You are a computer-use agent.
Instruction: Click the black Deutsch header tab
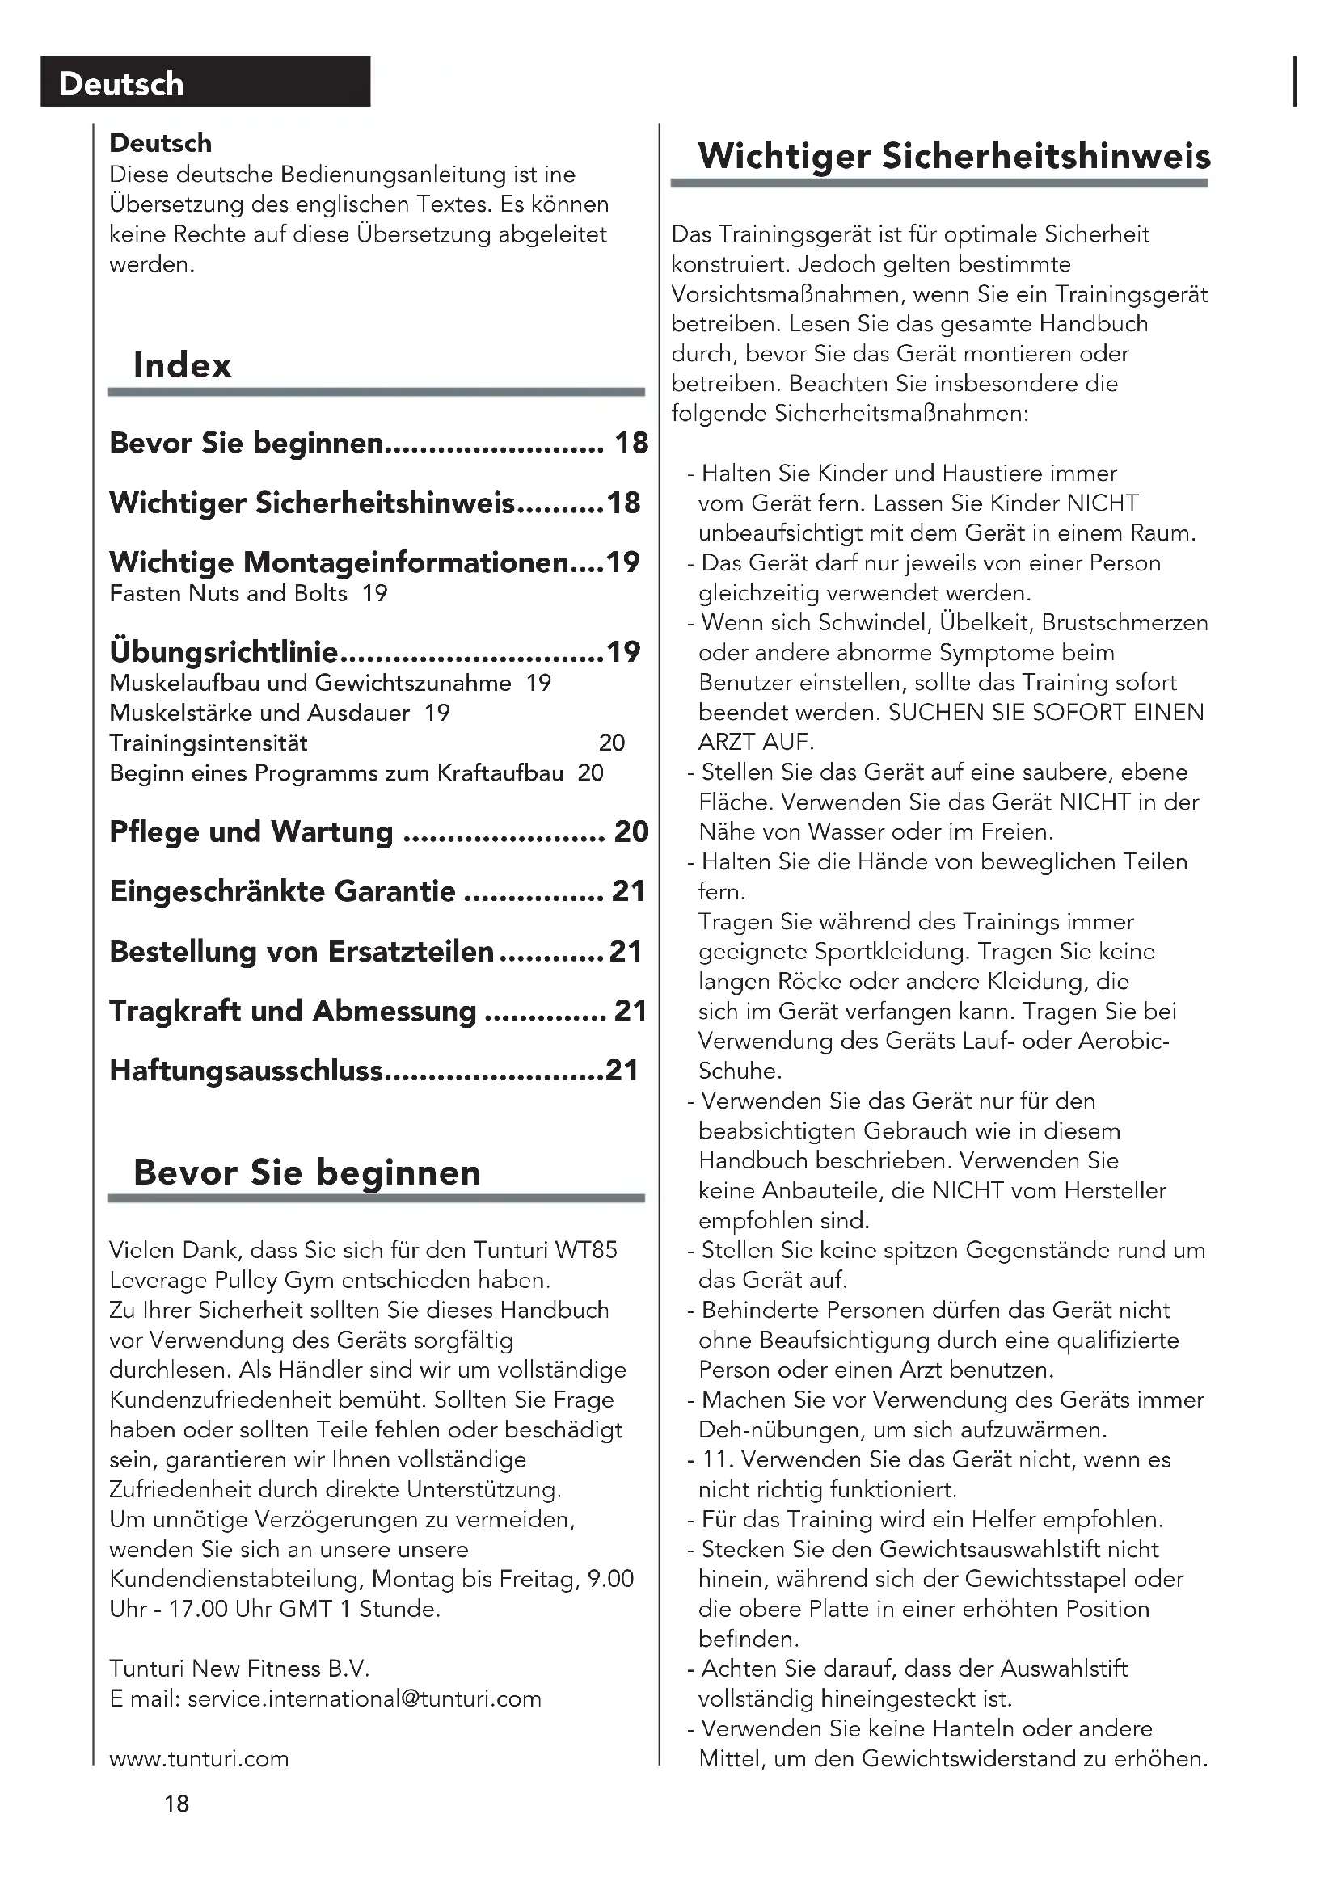(x=205, y=82)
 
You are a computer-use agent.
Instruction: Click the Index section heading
(x=182, y=364)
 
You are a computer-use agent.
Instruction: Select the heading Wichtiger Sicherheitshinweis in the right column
(x=954, y=157)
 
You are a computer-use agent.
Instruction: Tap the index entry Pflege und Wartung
(x=251, y=831)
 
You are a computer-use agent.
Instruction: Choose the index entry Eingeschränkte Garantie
(x=282, y=891)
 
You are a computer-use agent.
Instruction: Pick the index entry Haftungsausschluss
(x=247, y=1070)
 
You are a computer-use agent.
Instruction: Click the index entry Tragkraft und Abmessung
(x=293, y=1011)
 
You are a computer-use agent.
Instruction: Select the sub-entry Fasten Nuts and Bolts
(x=228, y=594)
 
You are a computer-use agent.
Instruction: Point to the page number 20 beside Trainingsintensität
(x=612, y=743)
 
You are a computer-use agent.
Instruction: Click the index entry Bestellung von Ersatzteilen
(x=302, y=952)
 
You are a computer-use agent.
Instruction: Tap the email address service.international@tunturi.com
(x=364, y=1698)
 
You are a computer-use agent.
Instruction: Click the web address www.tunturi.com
(x=199, y=1758)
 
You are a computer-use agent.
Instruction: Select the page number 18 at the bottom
(x=176, y=1804)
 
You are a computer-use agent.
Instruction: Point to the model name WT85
(x=585, y=1250)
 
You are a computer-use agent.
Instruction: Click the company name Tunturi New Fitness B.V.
(x=239, y=1669)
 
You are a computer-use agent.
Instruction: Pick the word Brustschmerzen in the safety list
(x=1124, y=622)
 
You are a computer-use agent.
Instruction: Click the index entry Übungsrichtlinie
(x=223, y=652)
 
